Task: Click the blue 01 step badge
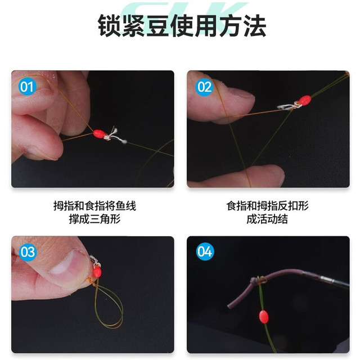coord(27,87)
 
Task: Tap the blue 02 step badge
coord(204,87)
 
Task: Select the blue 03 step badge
coord(28,252)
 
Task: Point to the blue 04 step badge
coord(205,251)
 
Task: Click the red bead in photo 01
coord(99,133)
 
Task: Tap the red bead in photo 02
coord(305,100)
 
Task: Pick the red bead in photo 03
coord(97,272)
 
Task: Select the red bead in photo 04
coord(263,317)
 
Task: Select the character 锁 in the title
coord(109,25)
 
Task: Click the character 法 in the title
coord(255,25)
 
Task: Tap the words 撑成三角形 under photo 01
coord(94,219)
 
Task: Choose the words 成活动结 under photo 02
coord(267,219)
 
